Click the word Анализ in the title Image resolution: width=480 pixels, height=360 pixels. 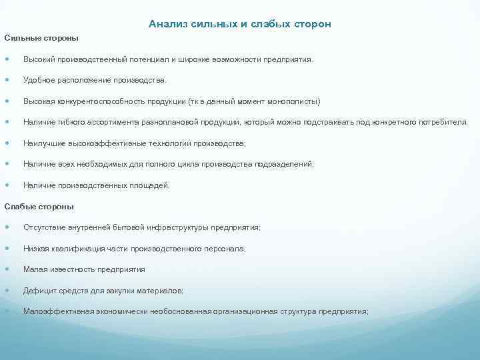coord(165,24)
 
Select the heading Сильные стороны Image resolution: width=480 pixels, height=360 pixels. coord(41,38)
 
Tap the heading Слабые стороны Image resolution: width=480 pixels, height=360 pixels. coord(39,206)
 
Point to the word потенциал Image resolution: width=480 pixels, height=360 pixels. coord(147,59)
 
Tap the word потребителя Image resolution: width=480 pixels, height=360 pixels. coord(445,122)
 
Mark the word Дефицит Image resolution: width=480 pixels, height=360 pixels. coord(39,291)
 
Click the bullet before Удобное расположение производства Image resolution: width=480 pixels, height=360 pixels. coord(7,81)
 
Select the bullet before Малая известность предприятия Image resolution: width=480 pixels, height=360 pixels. coord(7,270)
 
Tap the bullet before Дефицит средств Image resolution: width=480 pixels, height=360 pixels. coord(7,291)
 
